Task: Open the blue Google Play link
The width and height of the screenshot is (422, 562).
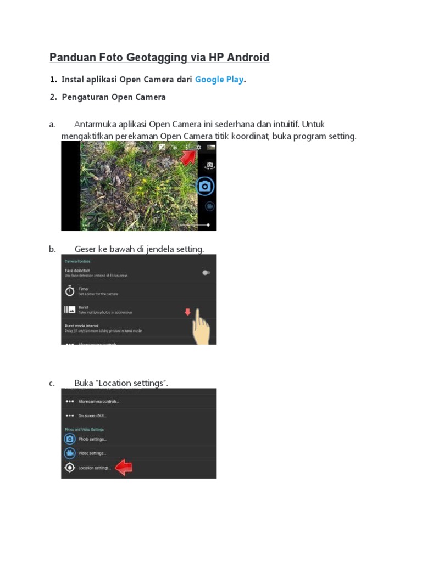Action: click(x=219, y=80)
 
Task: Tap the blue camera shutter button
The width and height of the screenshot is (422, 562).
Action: click(x=206, y=186)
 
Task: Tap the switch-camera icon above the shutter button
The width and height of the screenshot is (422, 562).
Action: click(x=209, y=165)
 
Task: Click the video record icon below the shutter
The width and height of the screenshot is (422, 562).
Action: click(x=209, y=206)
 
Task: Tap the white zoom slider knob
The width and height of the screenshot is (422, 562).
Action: click(x=208, y=224)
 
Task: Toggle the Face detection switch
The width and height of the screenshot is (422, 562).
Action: click(x=206, y=272)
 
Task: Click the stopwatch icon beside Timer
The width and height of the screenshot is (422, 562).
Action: click(x=70, y=291)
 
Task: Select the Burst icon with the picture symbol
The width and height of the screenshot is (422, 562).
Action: click(x=70, y=310)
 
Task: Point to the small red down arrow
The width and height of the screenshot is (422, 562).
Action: click(x=187, y=312)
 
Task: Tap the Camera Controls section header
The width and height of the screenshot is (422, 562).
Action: click(x=77, y=261)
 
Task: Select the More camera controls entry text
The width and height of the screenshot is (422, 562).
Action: click(x=99, y=401)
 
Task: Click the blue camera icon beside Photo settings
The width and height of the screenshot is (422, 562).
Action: click(x=70, y=439)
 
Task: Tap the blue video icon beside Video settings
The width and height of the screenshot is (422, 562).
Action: click(x=70, y=453)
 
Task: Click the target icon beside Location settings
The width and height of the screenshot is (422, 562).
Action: click(x=70, y=468)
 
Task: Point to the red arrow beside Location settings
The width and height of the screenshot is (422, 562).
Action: click(x=124, y=468)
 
